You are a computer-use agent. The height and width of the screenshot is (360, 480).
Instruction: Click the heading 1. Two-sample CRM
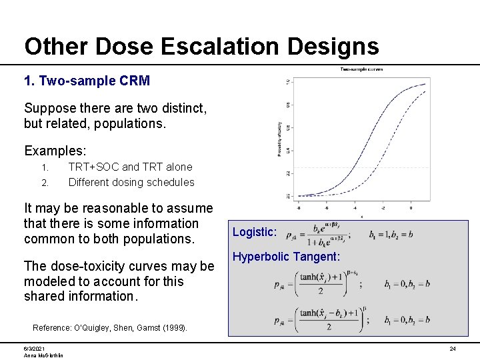tap(87, 81)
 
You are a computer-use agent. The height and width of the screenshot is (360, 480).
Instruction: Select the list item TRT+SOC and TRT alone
tap(130, 167)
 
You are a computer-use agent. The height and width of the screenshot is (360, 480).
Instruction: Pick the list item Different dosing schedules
tap(131, 182)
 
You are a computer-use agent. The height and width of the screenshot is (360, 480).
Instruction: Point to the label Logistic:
tap(254, 232)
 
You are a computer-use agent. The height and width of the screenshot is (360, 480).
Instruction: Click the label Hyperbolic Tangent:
tap(286, 257)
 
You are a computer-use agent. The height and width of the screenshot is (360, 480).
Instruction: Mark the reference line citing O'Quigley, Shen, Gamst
tap(110, 328)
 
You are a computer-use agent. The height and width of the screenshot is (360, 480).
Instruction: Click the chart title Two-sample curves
tap(361, 69)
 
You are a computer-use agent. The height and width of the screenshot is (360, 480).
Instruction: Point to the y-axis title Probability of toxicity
tap(279, 139)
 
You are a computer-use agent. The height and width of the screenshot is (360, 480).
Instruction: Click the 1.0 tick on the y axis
tap(288, 83)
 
